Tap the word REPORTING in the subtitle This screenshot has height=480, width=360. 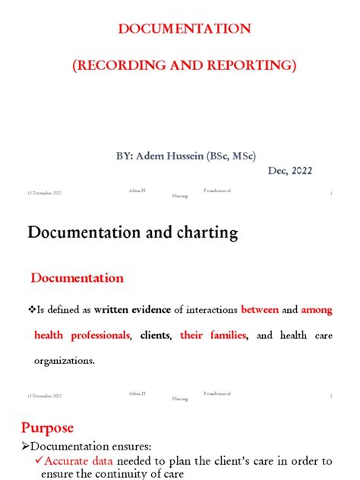[251, 65]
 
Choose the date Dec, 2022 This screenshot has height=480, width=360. [289, 171]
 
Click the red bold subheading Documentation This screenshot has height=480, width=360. [76, 279]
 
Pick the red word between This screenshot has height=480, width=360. [260, 310]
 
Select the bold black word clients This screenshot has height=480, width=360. [155, 335]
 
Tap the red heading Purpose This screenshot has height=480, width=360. [47, 428]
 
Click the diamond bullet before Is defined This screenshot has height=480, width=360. [32, 310]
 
